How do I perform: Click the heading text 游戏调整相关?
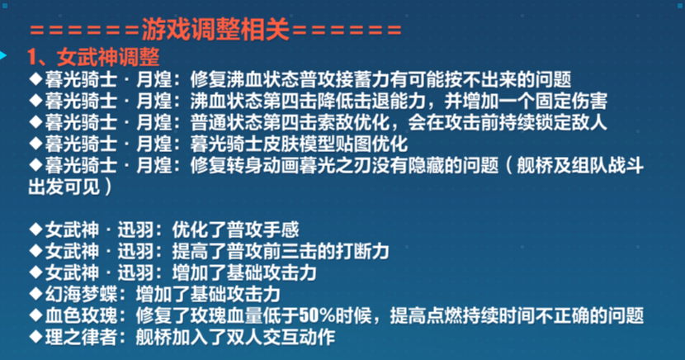pos(215,31)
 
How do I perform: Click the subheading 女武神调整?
pos(108,57)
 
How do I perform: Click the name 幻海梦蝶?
pos(81,294)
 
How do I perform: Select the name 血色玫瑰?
pos(81,315)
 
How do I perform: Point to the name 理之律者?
pos(81,337)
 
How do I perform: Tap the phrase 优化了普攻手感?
pos(235,230)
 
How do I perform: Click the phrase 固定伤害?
pos(571,101)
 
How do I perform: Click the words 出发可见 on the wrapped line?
pos(64,187)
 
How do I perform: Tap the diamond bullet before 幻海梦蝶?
pos(35,293)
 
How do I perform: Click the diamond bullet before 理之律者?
pos(35,336)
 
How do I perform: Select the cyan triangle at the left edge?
pos(3,55)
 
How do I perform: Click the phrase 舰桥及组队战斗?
pos(580,166)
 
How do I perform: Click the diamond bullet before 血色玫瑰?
pos(35,315)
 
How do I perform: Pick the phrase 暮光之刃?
pos(335,166)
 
